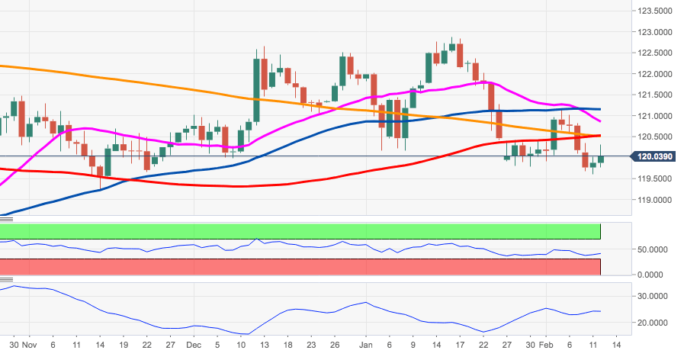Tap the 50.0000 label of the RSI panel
tap(654, 249)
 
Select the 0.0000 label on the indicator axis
tap(657, 275)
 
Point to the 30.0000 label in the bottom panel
tap(654, 296)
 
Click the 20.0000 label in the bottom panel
tap(654, 323)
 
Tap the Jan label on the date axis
tap(366, 345)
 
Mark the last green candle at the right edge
tap(601, 159)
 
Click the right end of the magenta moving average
tap(600, 121)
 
